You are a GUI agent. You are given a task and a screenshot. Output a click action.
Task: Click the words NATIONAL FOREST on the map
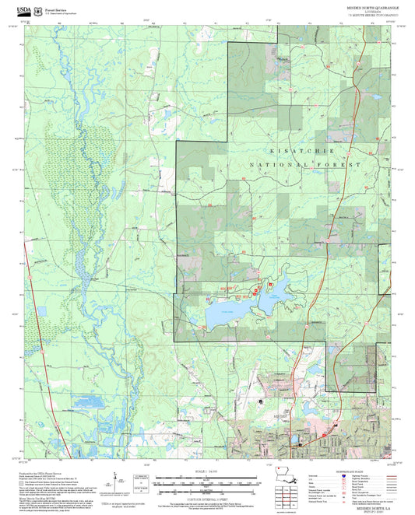[x=305, y=166]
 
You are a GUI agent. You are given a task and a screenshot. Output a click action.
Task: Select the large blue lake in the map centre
[x=226, y=313]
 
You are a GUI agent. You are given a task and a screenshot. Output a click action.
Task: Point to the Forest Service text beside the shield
[x=56, y=5]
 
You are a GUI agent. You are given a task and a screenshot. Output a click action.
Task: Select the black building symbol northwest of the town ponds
[x=259, y=401]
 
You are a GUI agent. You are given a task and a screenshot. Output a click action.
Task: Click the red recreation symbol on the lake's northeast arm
[x=257, y=290]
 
